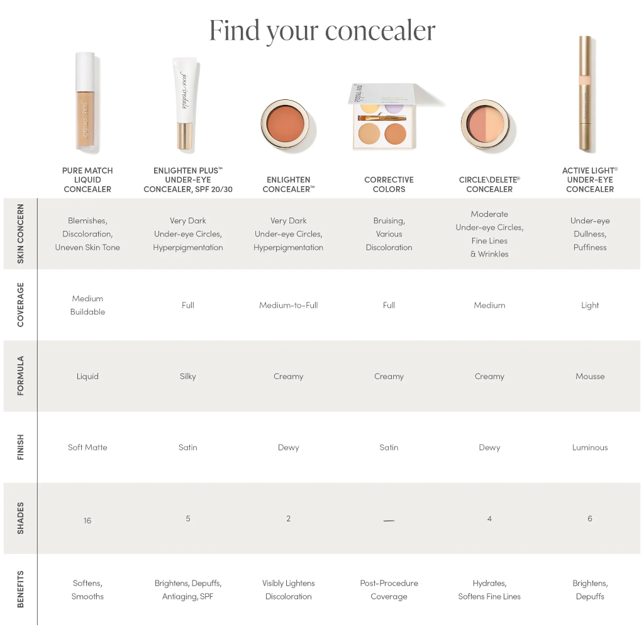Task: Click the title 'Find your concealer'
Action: click(322, 30)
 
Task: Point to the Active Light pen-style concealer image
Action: click(586, 94)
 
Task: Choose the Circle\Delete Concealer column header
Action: click(489, 184)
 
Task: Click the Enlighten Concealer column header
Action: click(289, 184)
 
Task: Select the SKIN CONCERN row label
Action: click(21, 233)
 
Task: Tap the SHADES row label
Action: click(21, 518)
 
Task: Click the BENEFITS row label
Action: click(21, 589)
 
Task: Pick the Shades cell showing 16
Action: click(87, 521)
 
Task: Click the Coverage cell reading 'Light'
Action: click(590, 306)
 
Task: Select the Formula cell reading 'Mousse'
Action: click(590, 377)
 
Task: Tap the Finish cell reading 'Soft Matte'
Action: click(87, 448)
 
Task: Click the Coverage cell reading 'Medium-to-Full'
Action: click(289, 306)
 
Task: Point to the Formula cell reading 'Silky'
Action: click(188, 377)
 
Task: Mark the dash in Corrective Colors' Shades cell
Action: click(389, 521)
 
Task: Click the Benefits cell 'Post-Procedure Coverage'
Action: click(389, 590)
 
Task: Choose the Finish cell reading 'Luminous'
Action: click(590, 448)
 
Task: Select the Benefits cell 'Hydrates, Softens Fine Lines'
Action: click(489, 590)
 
